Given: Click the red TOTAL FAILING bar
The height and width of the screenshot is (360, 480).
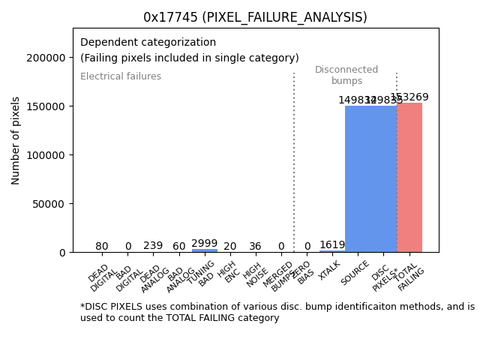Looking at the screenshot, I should (409, 178).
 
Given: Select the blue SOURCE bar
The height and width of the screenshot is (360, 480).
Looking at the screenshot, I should (358, 179).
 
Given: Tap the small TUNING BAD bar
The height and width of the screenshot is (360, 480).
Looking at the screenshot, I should (205, 250).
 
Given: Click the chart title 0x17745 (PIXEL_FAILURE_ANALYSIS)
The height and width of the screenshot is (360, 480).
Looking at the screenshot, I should (256, 17).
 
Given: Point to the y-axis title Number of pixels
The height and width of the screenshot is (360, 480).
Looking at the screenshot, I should (16, 140).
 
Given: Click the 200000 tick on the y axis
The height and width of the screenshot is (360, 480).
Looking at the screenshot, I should (46, 58).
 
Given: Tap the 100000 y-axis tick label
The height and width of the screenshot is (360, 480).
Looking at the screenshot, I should (46, 155).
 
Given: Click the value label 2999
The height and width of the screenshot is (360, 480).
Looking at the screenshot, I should (205, 243).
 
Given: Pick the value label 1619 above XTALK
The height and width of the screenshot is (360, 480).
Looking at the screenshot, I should (332, 244).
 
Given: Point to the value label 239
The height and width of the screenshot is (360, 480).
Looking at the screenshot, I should (153, 245).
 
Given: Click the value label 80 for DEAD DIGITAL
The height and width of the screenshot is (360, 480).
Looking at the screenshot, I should (102, 246).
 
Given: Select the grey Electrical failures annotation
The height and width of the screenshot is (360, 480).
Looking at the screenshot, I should (121, 76).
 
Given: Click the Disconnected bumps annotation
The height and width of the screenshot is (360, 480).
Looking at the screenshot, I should (346, 75).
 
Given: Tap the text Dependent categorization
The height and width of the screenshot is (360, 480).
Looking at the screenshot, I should (148, 43).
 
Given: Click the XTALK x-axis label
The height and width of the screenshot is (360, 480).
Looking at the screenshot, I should (329, 270).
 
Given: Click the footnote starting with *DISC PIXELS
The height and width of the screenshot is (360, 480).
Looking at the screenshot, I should (277, 312).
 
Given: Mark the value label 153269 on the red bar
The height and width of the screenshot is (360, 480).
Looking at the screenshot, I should (409, 97).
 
